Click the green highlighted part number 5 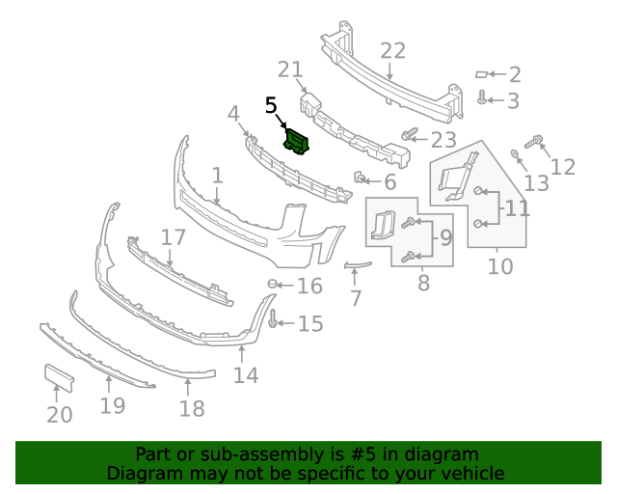point(297,142)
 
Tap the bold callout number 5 point(271,105)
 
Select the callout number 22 point(392,51)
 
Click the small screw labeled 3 point(482,97)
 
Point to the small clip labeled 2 point(482,74)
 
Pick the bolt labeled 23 point(409,135)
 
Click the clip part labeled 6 point(359,178)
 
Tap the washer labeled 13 point(514,153)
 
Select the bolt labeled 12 point(533,142)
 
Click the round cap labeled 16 point(272,284)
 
